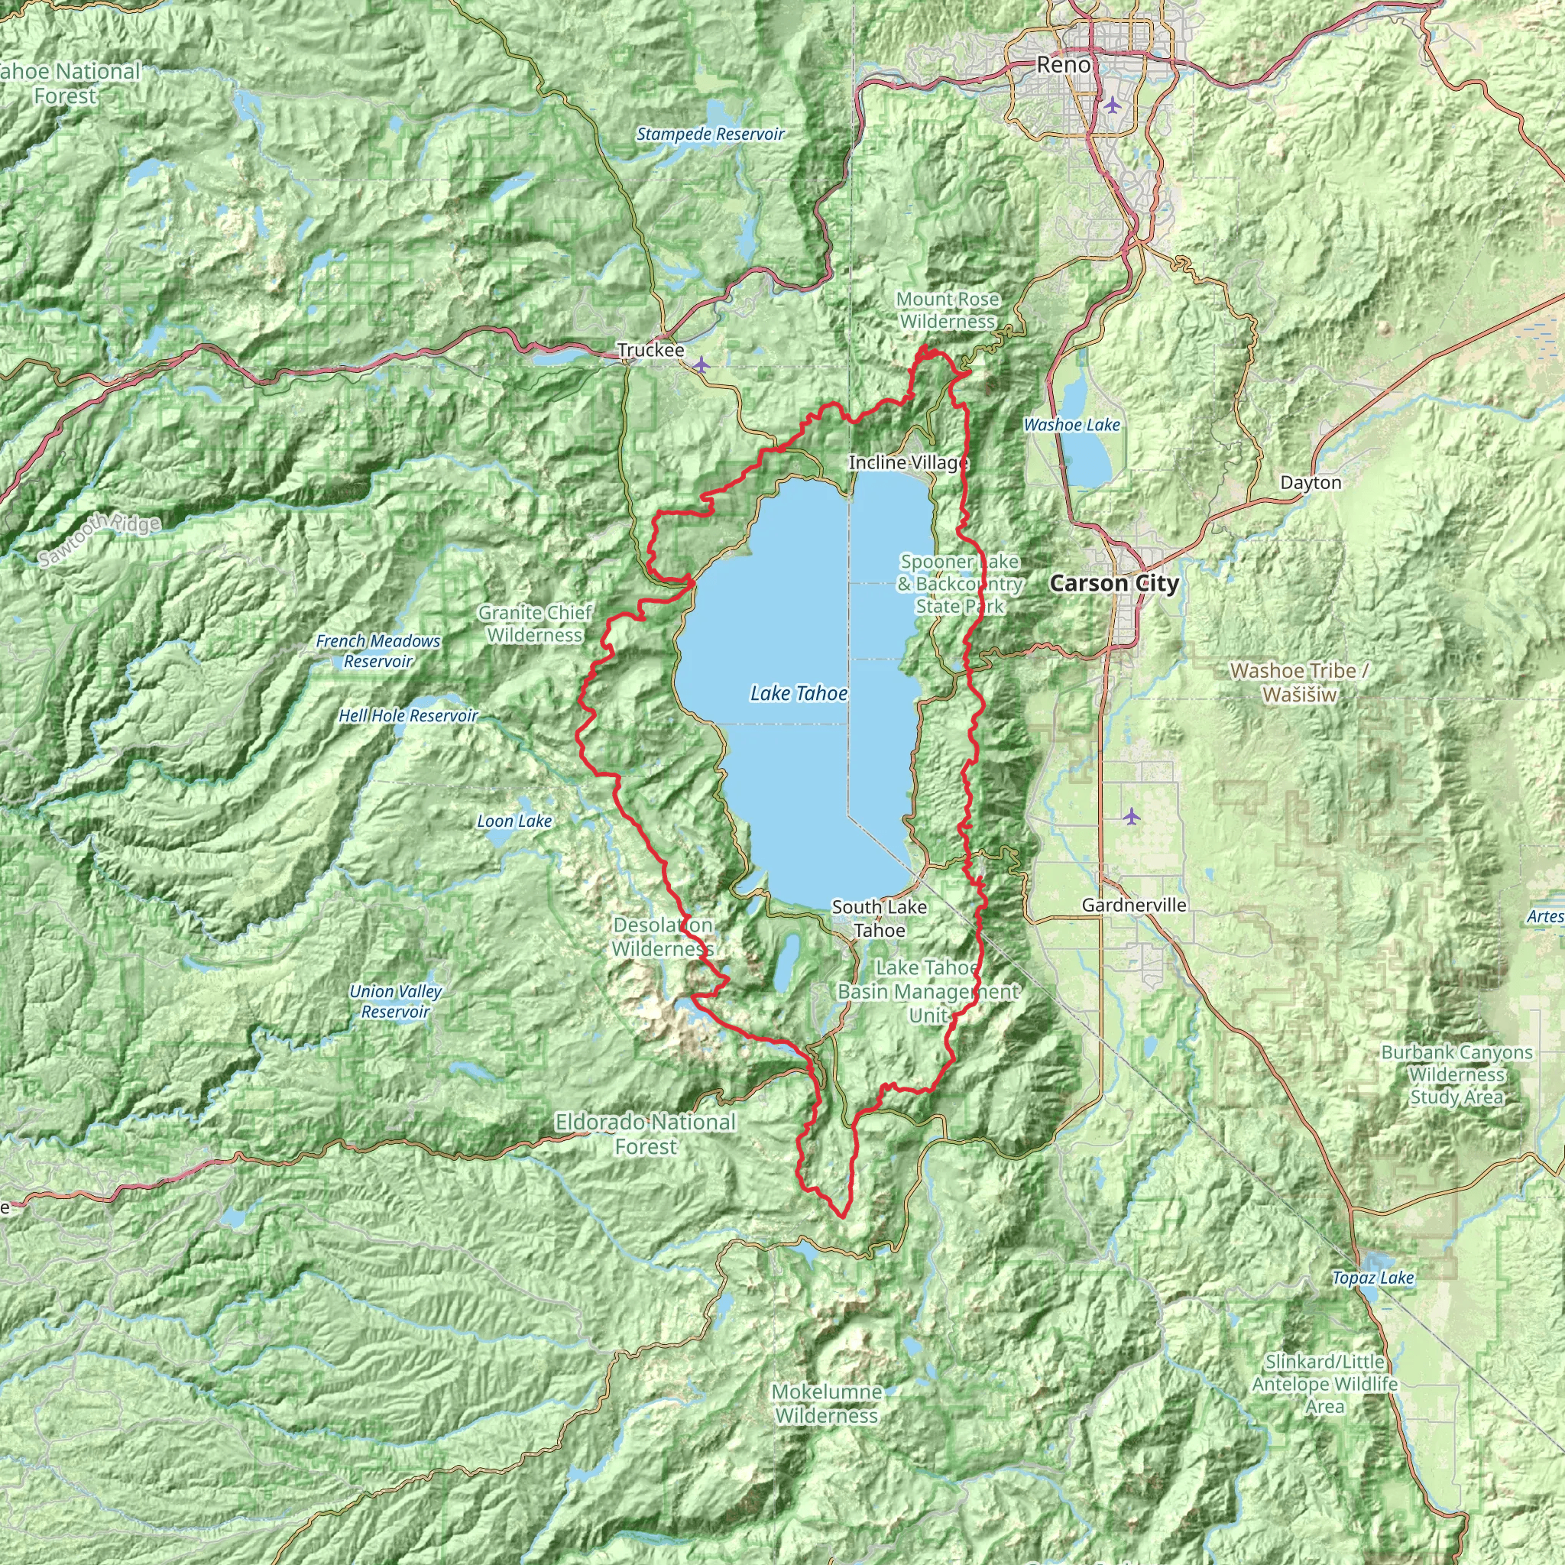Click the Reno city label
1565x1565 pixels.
coord(1064,65)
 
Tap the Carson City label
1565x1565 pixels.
coord(1114,583)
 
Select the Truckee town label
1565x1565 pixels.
coord(650,351)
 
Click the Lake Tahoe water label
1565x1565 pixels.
coord(799,693)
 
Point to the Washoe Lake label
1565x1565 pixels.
coord(1071,424)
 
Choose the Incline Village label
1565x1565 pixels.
coord(908,462)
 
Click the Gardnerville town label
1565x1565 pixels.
coord(1134,905)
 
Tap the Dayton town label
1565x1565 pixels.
coord(1311,483)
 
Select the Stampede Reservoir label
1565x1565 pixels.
coord(711,134)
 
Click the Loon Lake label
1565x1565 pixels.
coord(514,821)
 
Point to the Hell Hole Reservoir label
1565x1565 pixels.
coord(408,716)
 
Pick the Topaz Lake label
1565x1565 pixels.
coord(1373,1278)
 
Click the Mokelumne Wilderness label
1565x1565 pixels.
coord(827,1404)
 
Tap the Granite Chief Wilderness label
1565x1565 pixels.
coord(536,624)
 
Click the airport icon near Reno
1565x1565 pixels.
coord(1112,105)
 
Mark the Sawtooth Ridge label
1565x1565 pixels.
coord(99,539)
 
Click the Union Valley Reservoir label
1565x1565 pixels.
coord(395,1001)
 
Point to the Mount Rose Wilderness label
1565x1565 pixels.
coord(947,310)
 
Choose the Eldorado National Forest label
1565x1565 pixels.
coord(646,1134)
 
